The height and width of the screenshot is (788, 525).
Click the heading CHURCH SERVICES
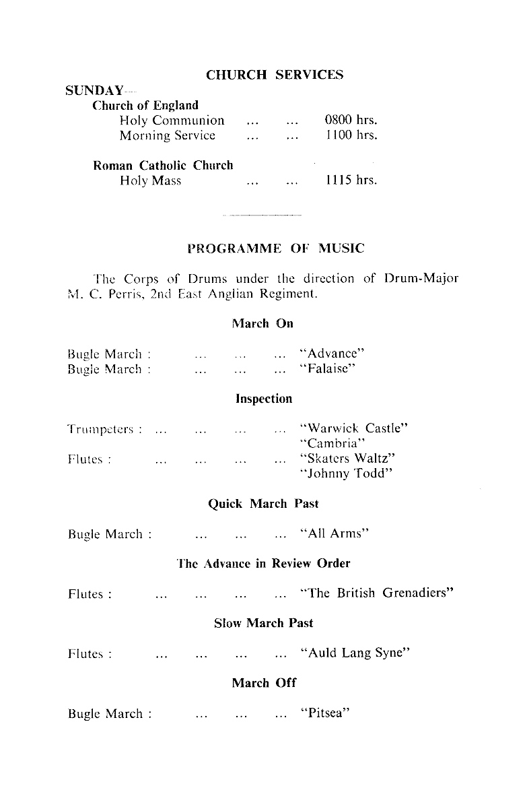pos(275,75)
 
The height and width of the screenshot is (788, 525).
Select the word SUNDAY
pos(94,91)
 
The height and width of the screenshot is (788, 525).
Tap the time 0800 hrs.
pos(351,121)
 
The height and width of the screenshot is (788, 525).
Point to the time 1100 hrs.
pos(351,135)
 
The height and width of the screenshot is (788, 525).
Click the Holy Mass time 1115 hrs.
pos(351,180)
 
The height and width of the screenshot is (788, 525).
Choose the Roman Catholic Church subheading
pos(163,165)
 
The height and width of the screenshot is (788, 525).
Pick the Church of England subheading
pos(145,106)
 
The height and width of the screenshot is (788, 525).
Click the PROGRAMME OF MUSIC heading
pos(275,249)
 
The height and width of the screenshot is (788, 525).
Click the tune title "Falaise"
pos(327,368)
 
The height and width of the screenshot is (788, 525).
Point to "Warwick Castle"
pos(354,428)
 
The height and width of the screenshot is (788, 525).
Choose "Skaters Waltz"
pos(347,459)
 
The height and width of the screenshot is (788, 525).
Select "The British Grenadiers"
pos(378,594)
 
